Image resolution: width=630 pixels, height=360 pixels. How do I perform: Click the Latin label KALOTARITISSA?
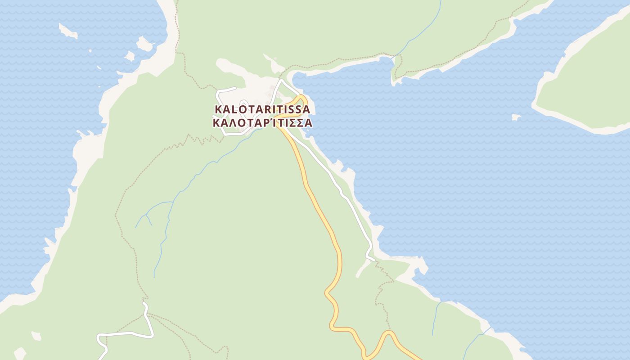pyautogui.click(x=262, y=109)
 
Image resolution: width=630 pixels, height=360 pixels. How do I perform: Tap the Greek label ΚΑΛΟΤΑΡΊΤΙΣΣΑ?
pyautogui.click(x=262, y=122)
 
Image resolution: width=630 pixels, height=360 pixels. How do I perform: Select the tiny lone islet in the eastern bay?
pyautogui.click(x=516, y=117)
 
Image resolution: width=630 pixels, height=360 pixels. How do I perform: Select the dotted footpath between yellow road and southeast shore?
pyautogui.click(x=382, y=292)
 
